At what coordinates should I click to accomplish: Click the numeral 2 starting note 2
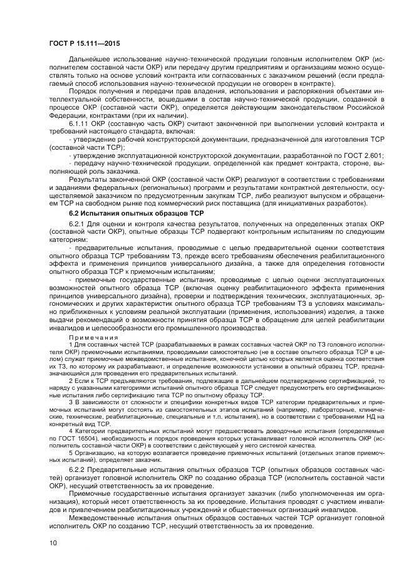tap(71, 380)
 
